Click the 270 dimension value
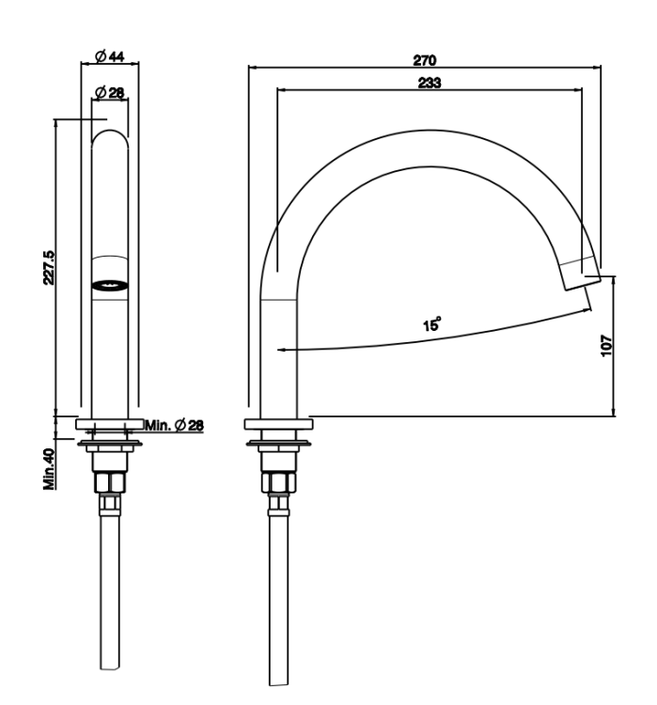[x=425, y=60]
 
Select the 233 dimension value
[x=430, y=83]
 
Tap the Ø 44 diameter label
[x=110, y=56]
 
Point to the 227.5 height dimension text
[x=49, y=268]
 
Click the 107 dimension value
[x=606, y=345]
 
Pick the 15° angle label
[x=431, y=323]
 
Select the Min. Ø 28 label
[x=174, y=425]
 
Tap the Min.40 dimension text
[x=49, y=469]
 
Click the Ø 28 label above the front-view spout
[x=110, y=93]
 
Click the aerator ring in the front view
[x=110, y=285]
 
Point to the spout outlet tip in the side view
[x=583, y=284]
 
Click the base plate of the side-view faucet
[x=279, y=424]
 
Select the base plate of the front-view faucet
[x=110, y=424]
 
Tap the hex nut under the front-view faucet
[x=110, y=482]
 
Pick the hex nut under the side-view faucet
[x=279, y=482]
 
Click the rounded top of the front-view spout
[x=110, y=131]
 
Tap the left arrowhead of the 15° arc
[x=282, y=350]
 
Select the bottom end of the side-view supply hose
[x=279, y=684]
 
